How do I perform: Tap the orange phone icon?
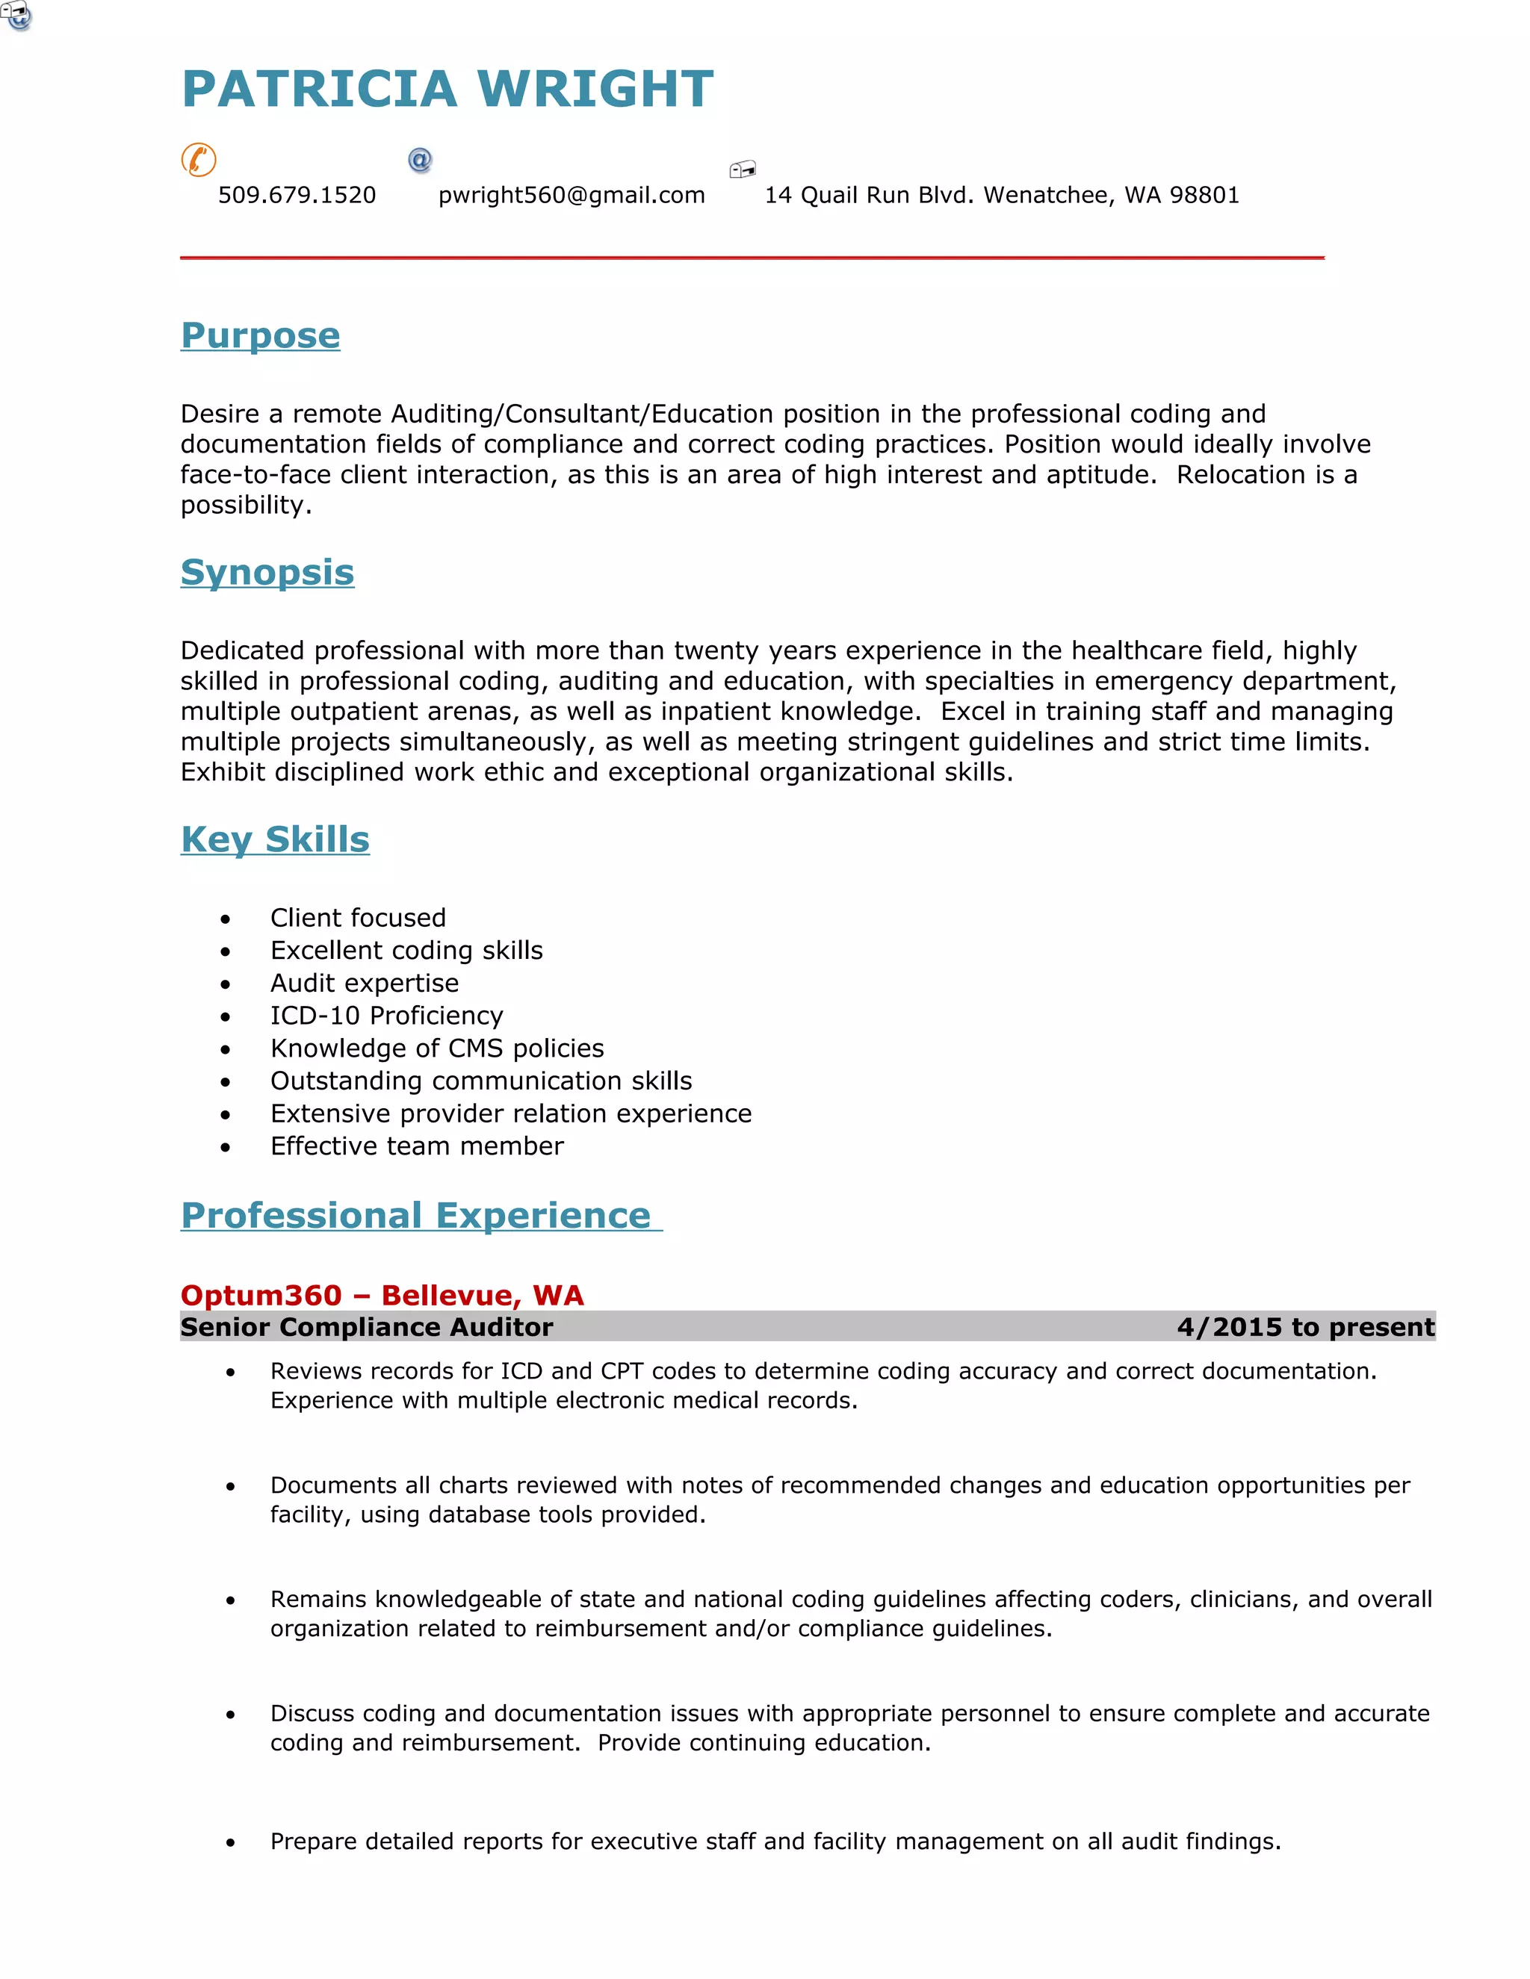point(199,160)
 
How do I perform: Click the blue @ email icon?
point(420,161)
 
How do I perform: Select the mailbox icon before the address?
point(743,169)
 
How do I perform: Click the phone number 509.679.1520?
point(297,195)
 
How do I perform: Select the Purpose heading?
point(260,335)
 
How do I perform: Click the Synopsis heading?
point(267,572)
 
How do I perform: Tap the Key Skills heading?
point(275,839)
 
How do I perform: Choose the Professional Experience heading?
point(416,1215)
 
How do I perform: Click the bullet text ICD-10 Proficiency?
point(386,1015)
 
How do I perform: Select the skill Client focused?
point(358,917)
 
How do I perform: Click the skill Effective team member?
point(417,1146)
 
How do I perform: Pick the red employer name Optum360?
point(261,1295)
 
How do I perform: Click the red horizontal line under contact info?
point(752,258)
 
